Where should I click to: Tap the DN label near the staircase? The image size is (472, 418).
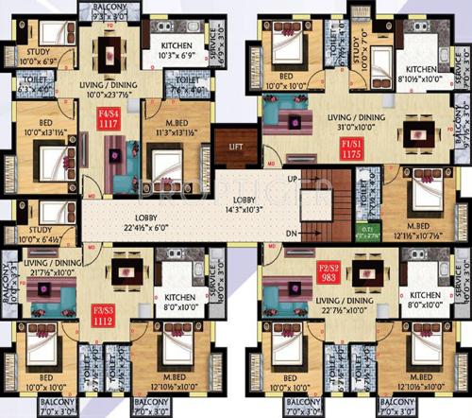294,232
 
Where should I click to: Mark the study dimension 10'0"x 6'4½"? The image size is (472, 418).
44,240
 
